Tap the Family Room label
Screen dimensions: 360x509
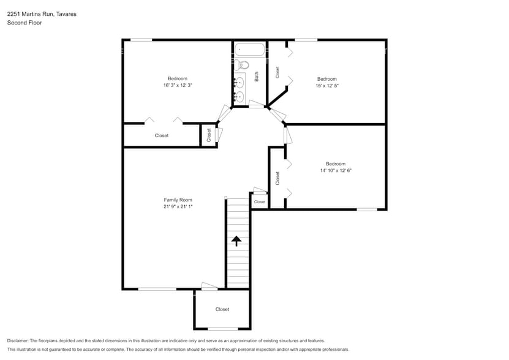(x=178, y=200)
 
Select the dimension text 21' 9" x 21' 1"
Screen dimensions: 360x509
(x=178, y=207)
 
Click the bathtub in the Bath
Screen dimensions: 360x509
(x=249, y=50)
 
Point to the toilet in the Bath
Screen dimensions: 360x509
(x=243, y=65)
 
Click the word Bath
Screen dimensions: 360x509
(x=257, y=77)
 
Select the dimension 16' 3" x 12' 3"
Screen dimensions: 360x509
(x=178, y=86)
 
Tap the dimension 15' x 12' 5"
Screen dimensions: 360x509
(x=326, y=86)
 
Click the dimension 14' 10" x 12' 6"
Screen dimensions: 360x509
(x=335, y=171)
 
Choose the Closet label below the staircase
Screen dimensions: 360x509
(x=222, y=309)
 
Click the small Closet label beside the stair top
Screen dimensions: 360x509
(x=260, y=201)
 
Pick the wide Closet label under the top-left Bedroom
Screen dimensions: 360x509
(x=161, y=135)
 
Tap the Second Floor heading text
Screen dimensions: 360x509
(x=23, y=23)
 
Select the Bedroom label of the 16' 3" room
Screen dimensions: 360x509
(x=178, y=78)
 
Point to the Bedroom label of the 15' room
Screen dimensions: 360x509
(x=326, y=79)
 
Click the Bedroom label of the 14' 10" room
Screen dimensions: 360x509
(x=335, y=163)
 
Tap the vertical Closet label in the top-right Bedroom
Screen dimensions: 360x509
(x=277, y=72)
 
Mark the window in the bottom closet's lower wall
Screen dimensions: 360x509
(x=222, y=329)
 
